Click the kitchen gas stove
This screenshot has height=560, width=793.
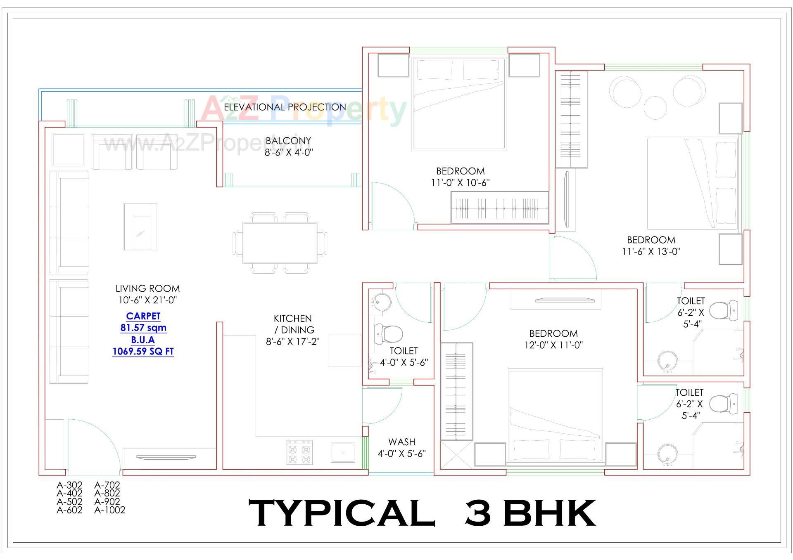[299, 453]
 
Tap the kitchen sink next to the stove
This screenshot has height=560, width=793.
[343, 453]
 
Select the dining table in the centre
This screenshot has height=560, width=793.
[280, 243]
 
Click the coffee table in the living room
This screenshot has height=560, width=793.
[140, 227]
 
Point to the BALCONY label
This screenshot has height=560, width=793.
[288, 141]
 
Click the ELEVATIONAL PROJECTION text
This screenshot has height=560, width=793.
[285, 107]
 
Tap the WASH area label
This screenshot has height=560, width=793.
[401, 442]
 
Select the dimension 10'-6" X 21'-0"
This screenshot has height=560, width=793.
[147, 300]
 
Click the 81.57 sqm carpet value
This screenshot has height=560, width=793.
[143, 328]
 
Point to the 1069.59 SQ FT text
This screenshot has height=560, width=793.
[143, 352]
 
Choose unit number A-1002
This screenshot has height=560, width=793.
[109, 510]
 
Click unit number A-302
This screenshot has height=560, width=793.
[69, 485]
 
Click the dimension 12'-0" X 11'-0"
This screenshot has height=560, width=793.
[553, 345]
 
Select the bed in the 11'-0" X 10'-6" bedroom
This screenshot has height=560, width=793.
[458, 103]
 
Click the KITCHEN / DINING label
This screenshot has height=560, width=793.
[293, 324]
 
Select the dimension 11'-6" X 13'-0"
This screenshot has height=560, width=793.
[651, 251]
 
